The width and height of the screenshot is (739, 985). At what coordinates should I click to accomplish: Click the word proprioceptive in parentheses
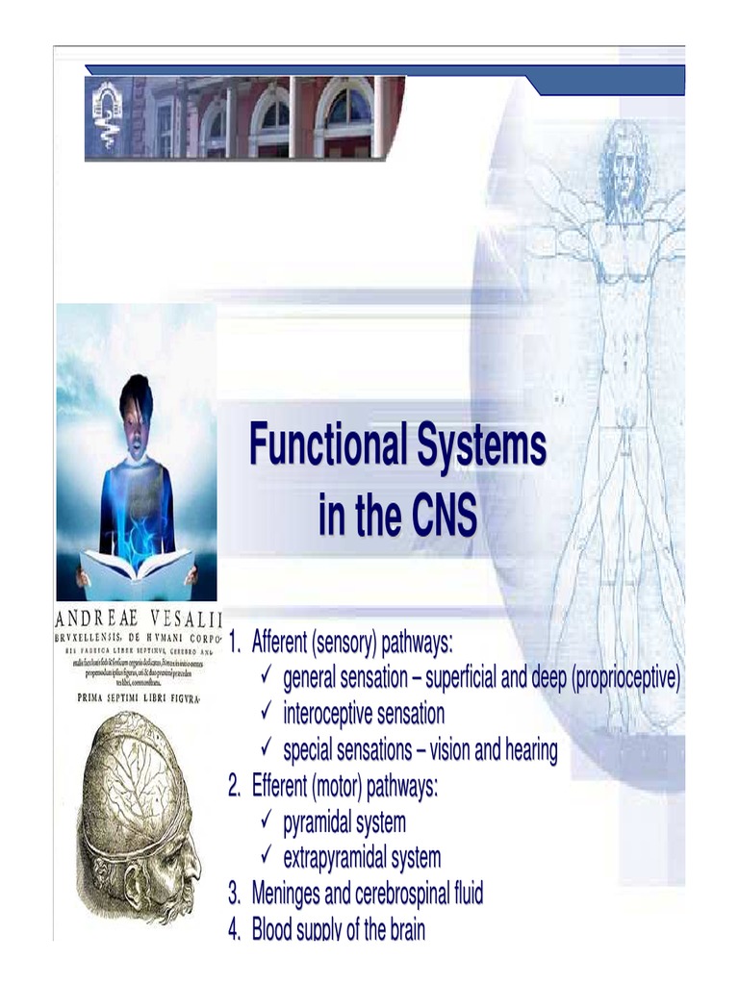pyautogui.click(x=626, y=678)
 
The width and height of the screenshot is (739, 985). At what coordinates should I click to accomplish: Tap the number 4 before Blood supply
pyautogui.click(x=234, y=930)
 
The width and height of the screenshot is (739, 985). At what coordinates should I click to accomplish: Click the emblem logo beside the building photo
pyautogui.click(x=107, y=116)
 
